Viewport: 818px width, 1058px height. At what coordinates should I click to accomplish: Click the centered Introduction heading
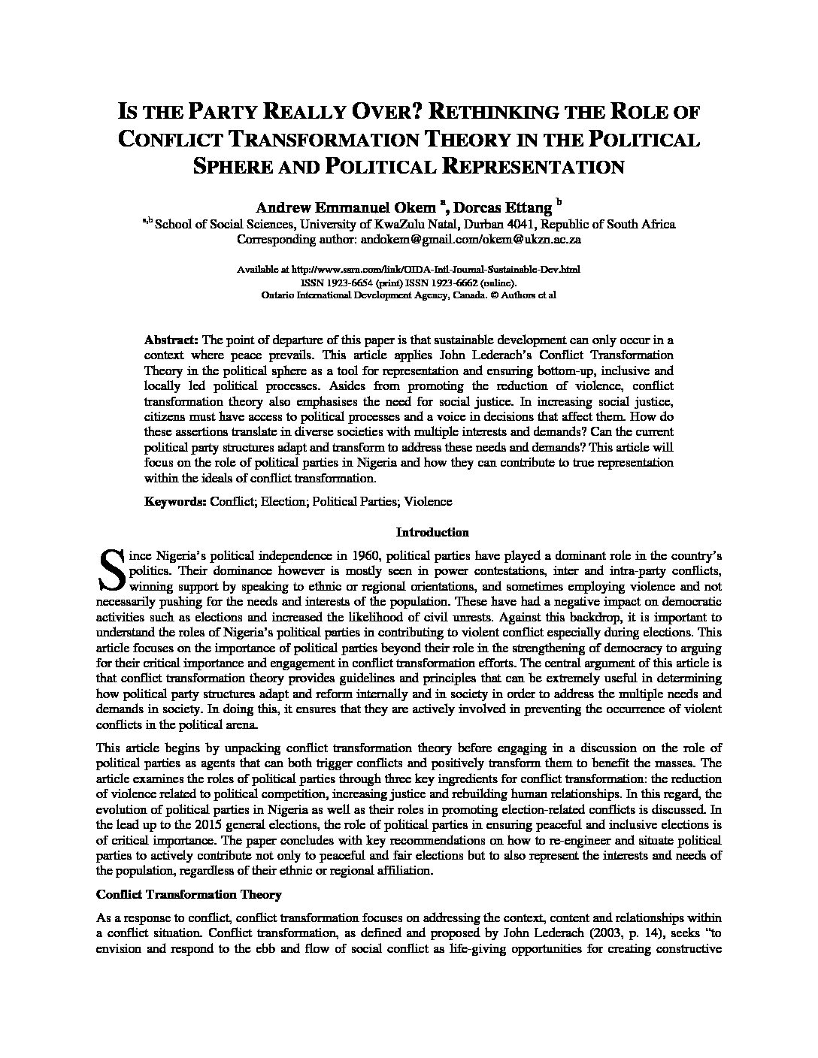click(x=432, y=533)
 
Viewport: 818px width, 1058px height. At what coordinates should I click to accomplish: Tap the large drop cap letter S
click(x=111, y=569)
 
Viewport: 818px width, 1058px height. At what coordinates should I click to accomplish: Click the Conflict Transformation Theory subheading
click(x=189, y=895)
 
